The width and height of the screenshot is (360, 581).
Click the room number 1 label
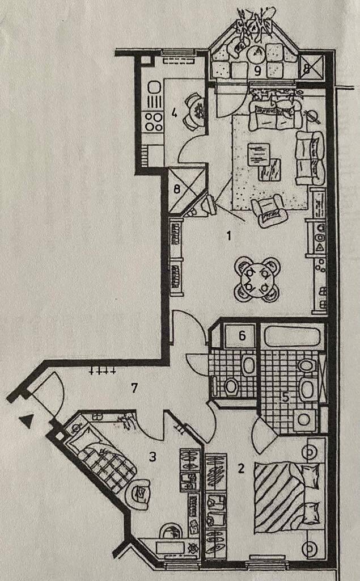[229, 235]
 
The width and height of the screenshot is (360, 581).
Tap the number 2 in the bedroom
[241, 468]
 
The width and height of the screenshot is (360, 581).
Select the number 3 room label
[153, 457]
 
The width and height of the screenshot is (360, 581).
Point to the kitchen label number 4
[173, 113]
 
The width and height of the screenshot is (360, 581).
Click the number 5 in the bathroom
[286, 397]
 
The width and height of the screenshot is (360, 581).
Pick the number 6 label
[242, 336]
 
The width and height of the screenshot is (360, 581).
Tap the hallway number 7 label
[134, 388]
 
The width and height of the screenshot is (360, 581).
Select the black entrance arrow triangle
[27, 422]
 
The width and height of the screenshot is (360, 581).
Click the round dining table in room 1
[257, 280]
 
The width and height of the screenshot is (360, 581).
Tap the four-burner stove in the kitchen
[154, 122]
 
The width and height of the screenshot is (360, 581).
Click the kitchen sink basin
[154, 88]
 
